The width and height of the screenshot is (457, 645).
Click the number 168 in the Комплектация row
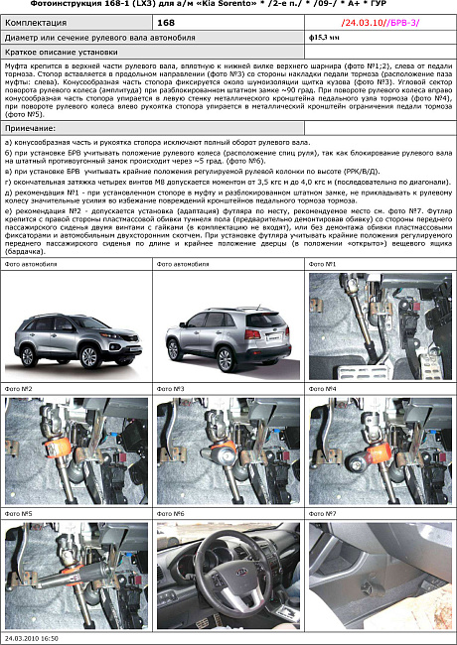(x=167, y=20)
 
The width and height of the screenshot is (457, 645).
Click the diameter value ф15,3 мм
(x=325, y=37)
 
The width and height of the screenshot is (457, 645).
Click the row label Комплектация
(x=37, y=20)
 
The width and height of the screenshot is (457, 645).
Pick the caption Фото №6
(x=171, y=514)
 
